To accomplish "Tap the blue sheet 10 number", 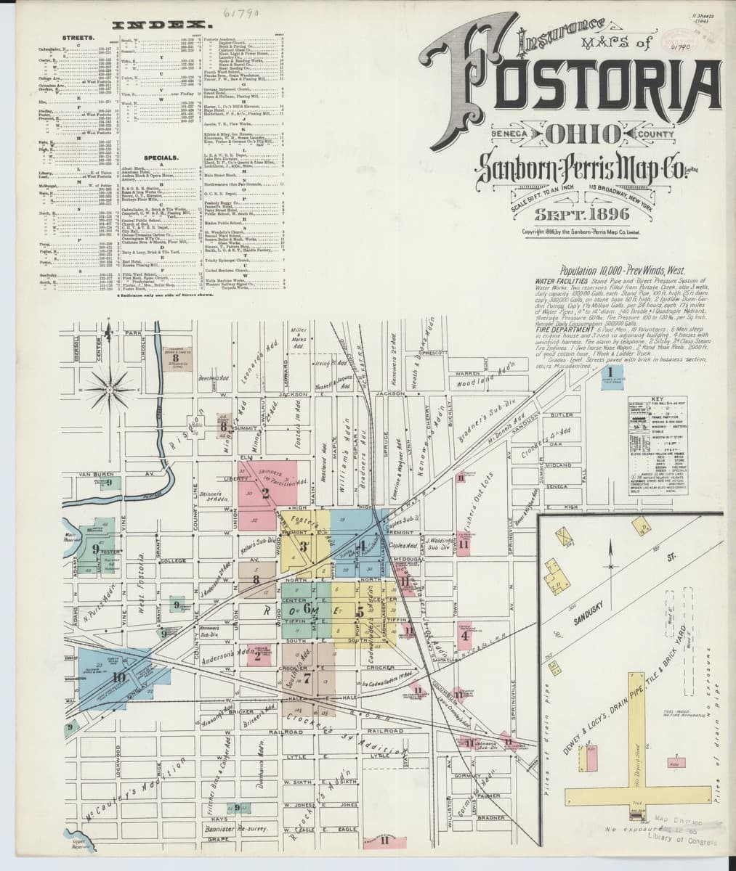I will [119, 678].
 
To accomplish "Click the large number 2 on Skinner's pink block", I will [265, 494].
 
